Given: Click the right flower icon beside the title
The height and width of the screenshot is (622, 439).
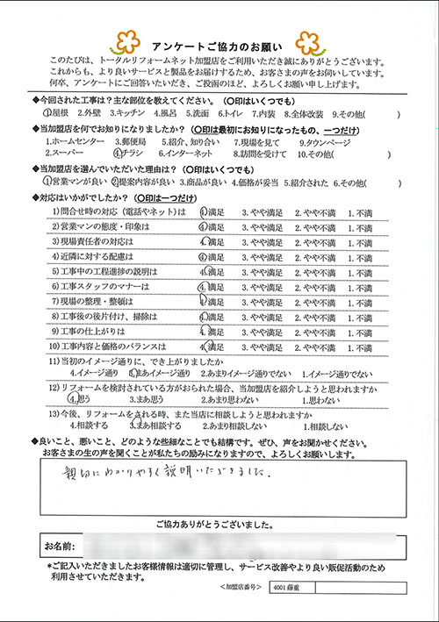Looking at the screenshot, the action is point(309,40).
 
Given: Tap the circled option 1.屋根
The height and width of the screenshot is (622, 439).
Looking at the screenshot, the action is point(57,114).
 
